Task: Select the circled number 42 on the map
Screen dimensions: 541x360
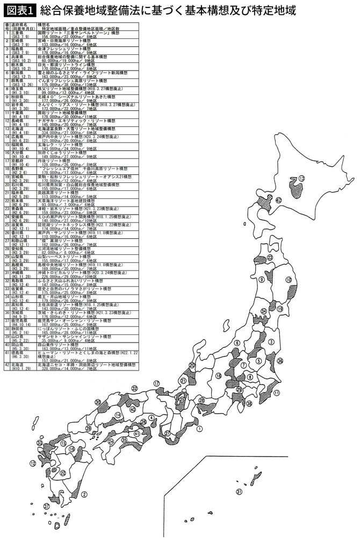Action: (278, 200)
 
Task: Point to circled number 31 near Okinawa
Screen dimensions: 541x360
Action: (239, 492)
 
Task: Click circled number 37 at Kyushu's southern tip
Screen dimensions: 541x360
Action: (47, 506)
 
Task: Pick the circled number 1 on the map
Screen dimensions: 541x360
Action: (199, 429)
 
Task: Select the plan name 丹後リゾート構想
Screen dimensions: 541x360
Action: (64, 160)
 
